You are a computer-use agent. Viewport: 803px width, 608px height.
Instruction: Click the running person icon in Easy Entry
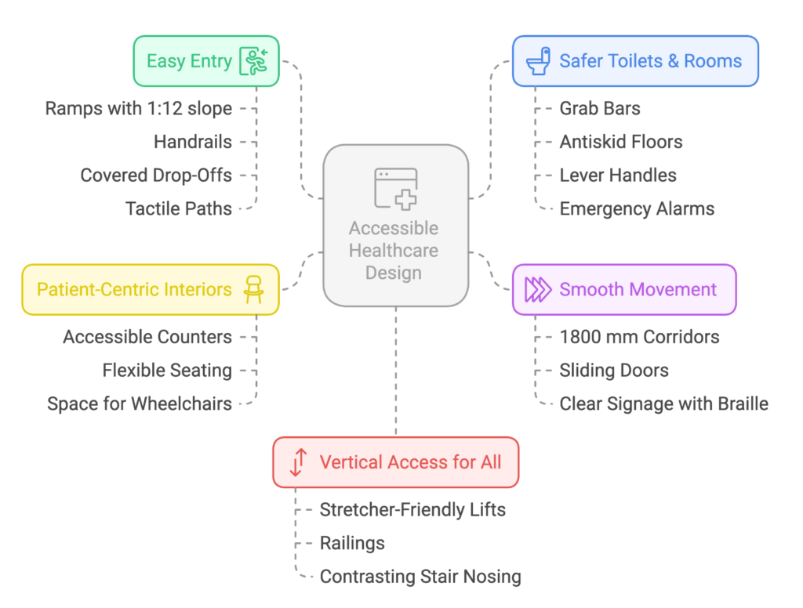click(x=255, y=61)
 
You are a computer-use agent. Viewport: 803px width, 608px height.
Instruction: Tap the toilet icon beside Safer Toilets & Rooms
click(x=538, y=61)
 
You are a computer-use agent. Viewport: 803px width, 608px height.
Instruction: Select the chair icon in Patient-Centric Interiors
click(x=253, y=289)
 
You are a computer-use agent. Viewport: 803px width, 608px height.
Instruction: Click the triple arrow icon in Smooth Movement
click(x=538, y=289)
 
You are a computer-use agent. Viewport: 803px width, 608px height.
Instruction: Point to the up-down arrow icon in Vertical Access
click(x=297, y=462)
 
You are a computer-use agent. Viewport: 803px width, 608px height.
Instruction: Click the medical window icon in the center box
click(x=396, y=189)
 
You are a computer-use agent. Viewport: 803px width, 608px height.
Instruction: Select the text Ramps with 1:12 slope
click(x=138, y=108)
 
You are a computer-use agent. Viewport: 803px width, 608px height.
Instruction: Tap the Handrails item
click(x=193, y=142)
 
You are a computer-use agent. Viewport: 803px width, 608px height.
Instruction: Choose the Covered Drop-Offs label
click(x=156, y=175)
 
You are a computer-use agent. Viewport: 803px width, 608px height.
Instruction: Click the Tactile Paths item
click(x=179, y=208)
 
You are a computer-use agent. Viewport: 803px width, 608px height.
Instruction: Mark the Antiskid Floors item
click(x=621, y=142)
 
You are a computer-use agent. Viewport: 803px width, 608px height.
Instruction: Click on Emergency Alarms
click(x=637, y=208)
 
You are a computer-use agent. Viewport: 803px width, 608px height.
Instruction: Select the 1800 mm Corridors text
click(x=639, y=337)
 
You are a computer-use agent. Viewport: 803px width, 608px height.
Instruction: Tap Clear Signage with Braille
click(x=663, y=404)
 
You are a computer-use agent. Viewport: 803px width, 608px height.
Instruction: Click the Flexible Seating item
click(x=167, y=370)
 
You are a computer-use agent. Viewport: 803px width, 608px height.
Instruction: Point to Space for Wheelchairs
click(x=140, y=404)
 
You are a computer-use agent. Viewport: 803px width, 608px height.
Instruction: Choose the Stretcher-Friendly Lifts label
click(x=412, y=509)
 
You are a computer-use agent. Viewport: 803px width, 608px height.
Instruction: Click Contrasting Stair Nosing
click(x=420, y=577)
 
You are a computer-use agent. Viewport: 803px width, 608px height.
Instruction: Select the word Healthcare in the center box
click(x=394, y=251)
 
